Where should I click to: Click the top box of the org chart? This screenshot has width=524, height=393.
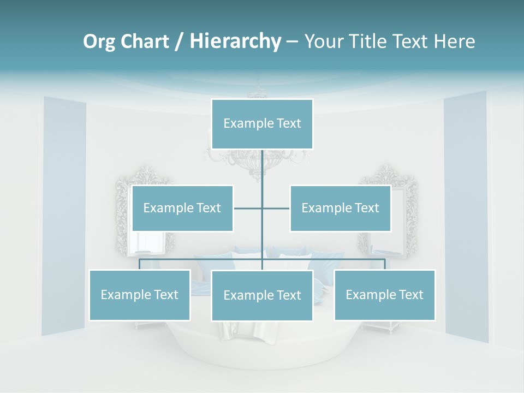click(262, 124)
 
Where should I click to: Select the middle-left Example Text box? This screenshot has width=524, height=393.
click(182, 208)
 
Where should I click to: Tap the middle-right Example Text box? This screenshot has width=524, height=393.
click(340, 208)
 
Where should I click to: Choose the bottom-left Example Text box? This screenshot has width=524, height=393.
click(139, 295)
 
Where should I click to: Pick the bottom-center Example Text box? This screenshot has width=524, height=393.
click(262, 295)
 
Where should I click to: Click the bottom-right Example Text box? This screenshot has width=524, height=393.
click(384, 295)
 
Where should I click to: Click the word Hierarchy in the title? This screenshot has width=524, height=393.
click(235, 41)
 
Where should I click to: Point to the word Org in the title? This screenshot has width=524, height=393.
click(99, 41)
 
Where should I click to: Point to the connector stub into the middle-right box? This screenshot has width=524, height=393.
click(276, 208)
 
